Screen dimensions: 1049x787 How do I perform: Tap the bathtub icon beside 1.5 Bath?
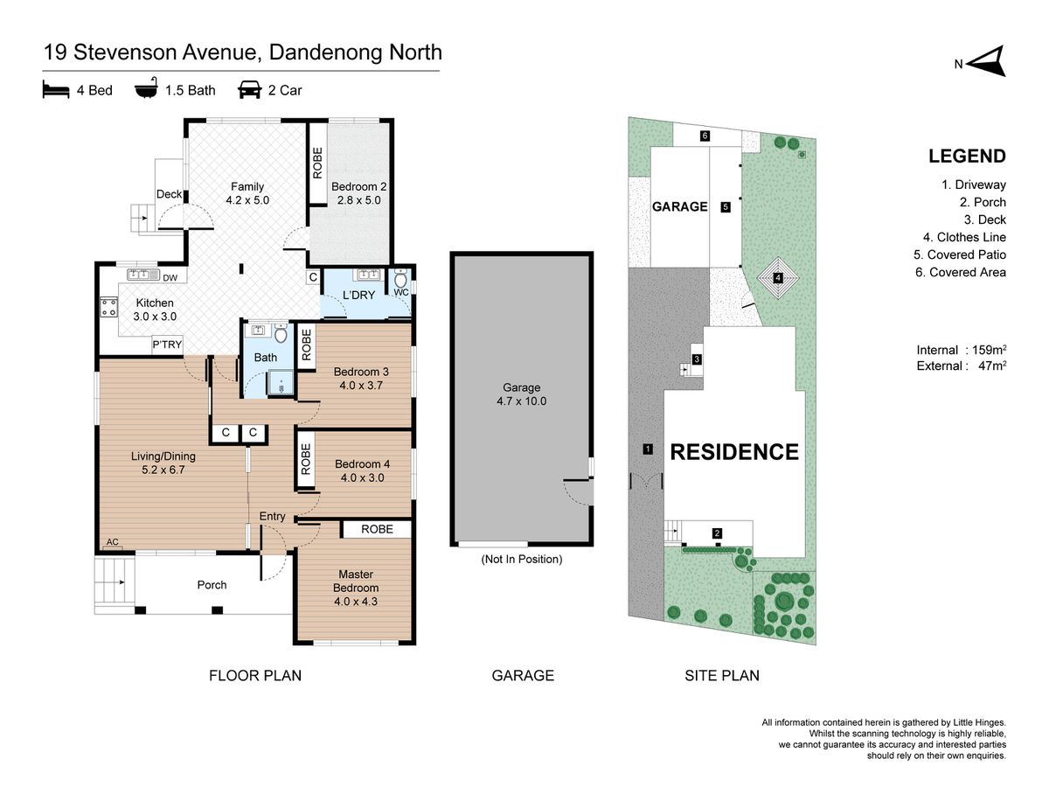[146, 88]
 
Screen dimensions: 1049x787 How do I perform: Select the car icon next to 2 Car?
[249, 90]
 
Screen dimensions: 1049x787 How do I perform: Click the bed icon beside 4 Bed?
[55, 89]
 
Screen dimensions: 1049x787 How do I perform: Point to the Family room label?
[247, 187]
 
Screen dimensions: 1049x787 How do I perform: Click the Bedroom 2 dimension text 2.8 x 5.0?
[358, 200]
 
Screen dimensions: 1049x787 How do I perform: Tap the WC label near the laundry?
[401, 292]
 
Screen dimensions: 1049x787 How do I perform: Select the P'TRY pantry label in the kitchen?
[167, 345]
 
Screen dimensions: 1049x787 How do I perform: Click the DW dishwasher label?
[170, 277]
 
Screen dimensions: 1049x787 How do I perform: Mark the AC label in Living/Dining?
[112, 542]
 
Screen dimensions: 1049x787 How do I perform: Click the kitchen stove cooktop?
[108, 307]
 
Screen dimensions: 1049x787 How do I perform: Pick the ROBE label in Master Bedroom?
[377, 529]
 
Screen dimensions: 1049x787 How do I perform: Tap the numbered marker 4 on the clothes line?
[777, 277]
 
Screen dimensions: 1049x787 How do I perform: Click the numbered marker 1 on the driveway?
[647, 449]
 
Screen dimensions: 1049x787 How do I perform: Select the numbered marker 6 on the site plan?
[705, 136]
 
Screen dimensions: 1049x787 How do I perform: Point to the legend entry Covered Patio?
[960, 254]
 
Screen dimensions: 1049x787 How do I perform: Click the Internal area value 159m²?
[990, 350]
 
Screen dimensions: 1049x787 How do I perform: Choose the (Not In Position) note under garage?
[521, 559]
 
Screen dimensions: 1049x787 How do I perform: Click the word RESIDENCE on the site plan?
[734, 452]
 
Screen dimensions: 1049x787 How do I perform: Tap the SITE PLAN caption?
[722, 675]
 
